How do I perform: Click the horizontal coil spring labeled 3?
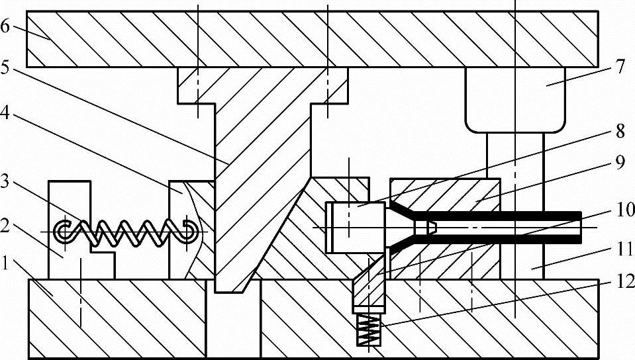point(126,230)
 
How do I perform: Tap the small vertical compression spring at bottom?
point(370,329)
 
